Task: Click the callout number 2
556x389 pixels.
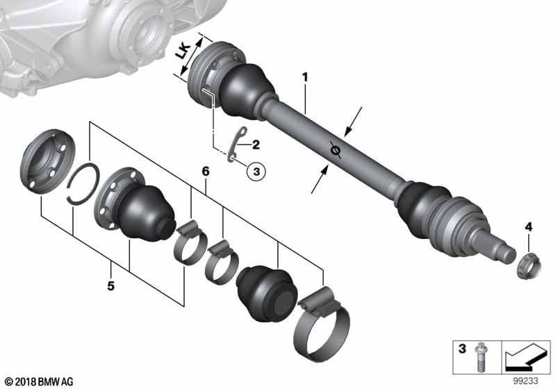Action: [x=256, y=145]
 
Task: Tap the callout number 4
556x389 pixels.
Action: [x=528, y=226]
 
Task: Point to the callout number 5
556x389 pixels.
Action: [x=111, y=265]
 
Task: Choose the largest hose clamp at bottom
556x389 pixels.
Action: [x=320, y=322]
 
